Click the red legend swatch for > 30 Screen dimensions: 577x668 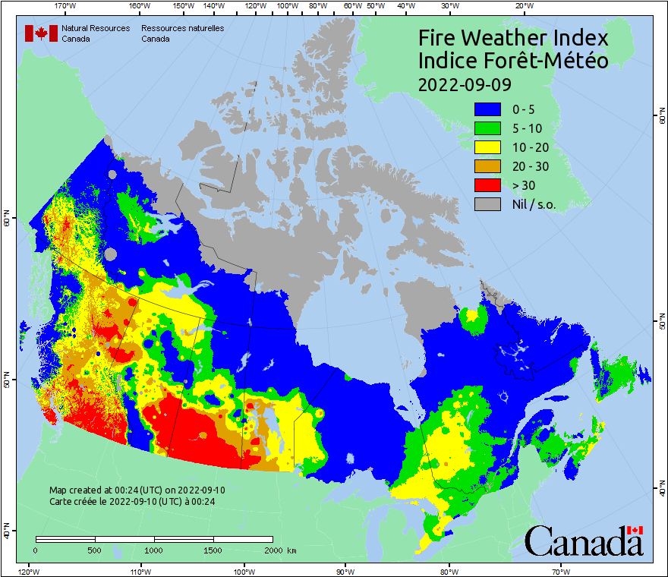tap(488, 184)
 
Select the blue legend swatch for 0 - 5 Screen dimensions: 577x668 tap(488, 109)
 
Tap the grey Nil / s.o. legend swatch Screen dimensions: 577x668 tap(488, 203)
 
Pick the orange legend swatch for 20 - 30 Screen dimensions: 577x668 tap(488, 166)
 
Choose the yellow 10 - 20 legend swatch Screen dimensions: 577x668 tap(488, 147)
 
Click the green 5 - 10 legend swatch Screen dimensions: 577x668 tap(488, 128)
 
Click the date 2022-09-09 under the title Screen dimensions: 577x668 tap(465, 84)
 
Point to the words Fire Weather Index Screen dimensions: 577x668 tap(513, 38)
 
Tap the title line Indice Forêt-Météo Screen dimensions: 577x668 tap(513, 61)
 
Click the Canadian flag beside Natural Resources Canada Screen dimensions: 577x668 tap(41, 33)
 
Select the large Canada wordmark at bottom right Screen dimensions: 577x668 tap(584, 541)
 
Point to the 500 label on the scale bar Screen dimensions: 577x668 tap(95, 550)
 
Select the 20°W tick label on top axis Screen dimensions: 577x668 tap(522, 6)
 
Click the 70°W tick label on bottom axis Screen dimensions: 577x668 tap(560, 570)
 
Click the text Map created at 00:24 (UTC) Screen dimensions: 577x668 tap(137, 490)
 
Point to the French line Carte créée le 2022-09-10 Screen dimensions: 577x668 tap(131, 501)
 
